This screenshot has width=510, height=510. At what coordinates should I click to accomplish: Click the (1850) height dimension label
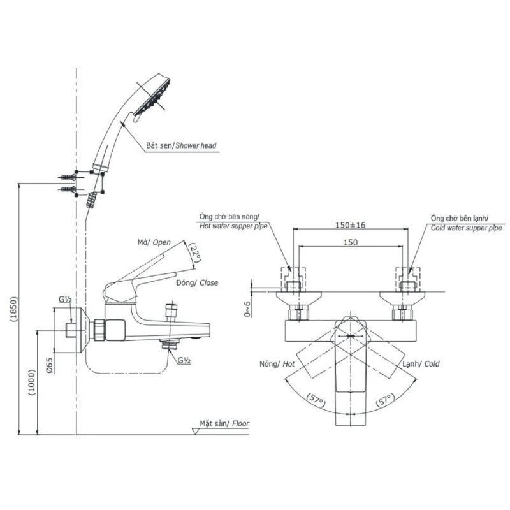[13, 309]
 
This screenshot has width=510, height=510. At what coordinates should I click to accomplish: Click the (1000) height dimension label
[32, 382]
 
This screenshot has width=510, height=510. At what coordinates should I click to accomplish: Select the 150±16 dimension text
[350, 225]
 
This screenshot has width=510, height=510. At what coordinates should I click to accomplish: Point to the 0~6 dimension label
[247, 309]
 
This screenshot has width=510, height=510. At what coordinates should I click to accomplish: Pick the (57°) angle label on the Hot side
[316, 400]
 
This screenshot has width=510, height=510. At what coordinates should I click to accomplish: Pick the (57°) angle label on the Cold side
[385, 400]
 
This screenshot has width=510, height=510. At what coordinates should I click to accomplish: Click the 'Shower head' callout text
[196, 145]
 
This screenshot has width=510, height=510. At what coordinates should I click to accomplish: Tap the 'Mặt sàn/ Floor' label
[224, 423]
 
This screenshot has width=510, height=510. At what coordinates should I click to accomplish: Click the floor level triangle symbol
[196, 432]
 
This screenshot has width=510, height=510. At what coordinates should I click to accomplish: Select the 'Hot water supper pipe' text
[233, 226]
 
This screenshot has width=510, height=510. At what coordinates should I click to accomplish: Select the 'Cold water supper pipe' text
[466, 228]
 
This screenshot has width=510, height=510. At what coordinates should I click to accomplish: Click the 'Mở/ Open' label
[154, 242]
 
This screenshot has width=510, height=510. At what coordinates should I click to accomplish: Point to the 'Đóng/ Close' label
[197, 282]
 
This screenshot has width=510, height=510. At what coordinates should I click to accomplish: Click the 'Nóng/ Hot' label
[277, 363]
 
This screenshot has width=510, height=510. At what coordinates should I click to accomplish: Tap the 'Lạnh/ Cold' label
[421, 363]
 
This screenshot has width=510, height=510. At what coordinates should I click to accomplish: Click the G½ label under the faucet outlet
[184, 360]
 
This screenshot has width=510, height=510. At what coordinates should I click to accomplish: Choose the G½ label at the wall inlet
[65, 299]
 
